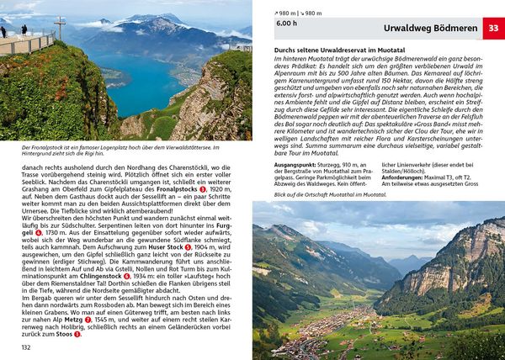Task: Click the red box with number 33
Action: (494, 29)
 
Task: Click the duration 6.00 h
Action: (287, 25)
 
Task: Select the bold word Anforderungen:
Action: (407, 178)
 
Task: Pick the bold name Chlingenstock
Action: (96, 275)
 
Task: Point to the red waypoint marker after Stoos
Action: (77, 334)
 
